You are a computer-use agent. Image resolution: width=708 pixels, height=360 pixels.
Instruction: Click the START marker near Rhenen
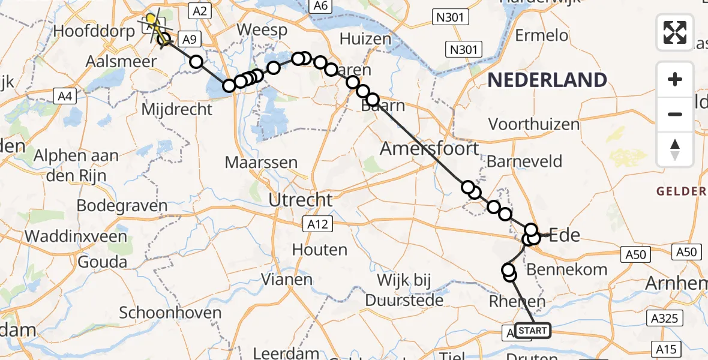532,331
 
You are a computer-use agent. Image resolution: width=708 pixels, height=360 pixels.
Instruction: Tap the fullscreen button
675,32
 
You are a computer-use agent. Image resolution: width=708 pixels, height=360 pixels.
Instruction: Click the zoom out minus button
675,114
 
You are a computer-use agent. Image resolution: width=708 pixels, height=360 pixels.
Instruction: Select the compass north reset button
675,149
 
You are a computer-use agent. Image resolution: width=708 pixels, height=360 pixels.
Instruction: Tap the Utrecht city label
301,199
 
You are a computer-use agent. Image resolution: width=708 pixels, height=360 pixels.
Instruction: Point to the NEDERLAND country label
547,80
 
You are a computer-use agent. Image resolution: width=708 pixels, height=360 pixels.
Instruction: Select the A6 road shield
320,6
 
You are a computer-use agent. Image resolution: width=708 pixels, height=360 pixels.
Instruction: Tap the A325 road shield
665,319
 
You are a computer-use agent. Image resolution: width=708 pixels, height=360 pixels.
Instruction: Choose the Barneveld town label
524,161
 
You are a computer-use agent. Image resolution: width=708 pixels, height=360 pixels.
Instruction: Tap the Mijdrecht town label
177,109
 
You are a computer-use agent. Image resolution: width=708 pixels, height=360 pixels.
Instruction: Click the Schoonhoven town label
170,313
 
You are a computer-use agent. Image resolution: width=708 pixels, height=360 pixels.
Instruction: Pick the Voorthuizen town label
534,125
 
